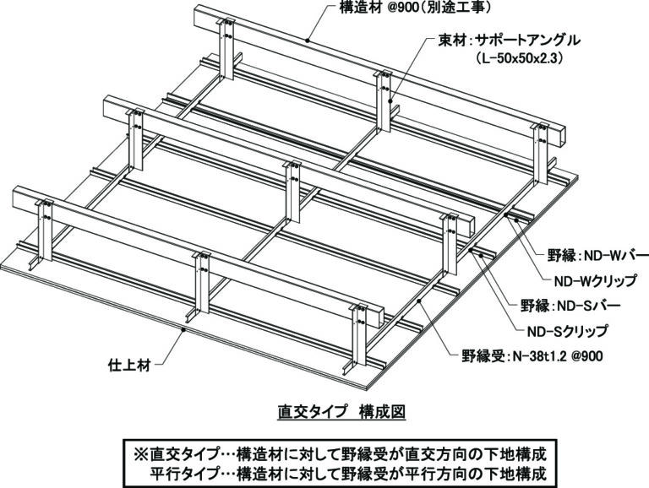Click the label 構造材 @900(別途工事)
click(416, 8)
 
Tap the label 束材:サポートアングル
click(509, 41)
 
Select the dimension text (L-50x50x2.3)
click(520, 59)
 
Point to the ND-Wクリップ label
click(595, 281)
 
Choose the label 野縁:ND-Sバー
click(570, 306)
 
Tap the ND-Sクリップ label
click(568, 331)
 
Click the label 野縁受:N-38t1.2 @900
click(532, 355)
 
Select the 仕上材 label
click(128, 366)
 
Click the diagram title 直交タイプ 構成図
click(341, 412)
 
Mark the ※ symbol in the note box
click(140, 454)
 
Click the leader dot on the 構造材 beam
click(307, 41)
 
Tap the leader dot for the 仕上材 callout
click(183, 329)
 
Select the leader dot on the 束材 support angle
click(390, 100)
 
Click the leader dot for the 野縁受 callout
click(419, 301)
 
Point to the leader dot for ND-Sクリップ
click(471, 250)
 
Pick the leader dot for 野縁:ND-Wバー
click(517, 220)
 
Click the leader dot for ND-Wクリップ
click(506, 214)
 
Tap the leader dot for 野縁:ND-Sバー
click(482, 256)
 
